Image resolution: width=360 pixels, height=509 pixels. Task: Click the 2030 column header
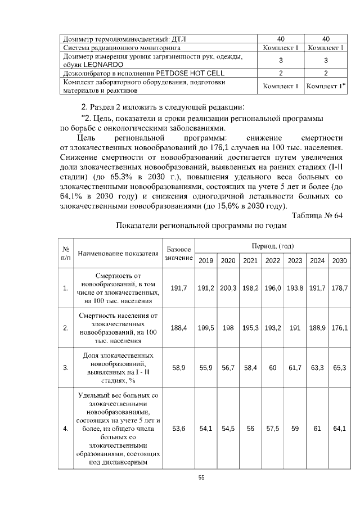coord(339,260)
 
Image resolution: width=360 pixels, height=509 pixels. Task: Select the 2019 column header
coord(206,260)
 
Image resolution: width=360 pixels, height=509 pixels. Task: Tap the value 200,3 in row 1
coord(228,288)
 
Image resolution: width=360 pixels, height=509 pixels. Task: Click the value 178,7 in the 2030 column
coord(339,288)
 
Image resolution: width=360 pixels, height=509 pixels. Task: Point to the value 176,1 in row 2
coord(339,327)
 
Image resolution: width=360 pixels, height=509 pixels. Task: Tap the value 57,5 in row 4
coord(272,429)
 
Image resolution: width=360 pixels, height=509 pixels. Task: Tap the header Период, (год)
coord(272,246)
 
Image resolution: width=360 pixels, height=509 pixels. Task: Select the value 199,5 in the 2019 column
coord(206,327)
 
